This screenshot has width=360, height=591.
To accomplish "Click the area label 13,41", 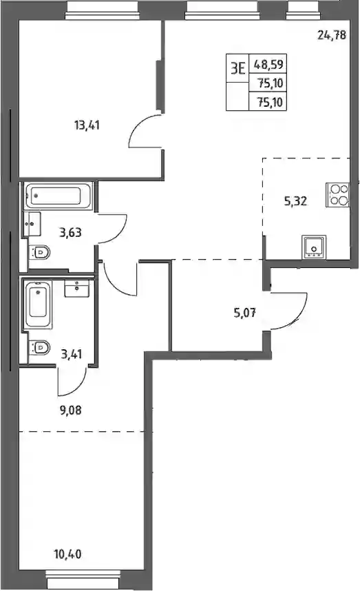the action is [87, 125].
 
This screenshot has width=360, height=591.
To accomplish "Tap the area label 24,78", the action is [332, 35].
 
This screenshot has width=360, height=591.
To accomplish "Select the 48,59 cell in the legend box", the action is [268, 64].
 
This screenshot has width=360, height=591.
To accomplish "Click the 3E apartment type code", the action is [238, 68].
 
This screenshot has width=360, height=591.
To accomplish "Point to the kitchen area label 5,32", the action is [295, 201].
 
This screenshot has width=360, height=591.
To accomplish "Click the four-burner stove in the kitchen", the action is [338, 194].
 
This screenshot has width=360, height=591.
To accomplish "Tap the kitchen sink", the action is [314, 247].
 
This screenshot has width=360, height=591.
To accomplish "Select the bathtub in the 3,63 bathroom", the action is [59, 196].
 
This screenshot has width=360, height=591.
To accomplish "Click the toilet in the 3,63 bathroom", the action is [39, 252].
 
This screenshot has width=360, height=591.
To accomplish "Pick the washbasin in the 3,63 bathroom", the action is [32, 224].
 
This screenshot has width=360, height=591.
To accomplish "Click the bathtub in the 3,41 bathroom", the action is [38, 304].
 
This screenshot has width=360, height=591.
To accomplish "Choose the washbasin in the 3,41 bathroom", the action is [77, 289].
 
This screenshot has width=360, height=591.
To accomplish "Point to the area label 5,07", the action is [245, 313].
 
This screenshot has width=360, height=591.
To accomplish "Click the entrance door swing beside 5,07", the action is [290, 310].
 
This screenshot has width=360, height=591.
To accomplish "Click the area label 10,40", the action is [67, 554].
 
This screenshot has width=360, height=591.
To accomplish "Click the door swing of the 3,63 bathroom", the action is [112, 229].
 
